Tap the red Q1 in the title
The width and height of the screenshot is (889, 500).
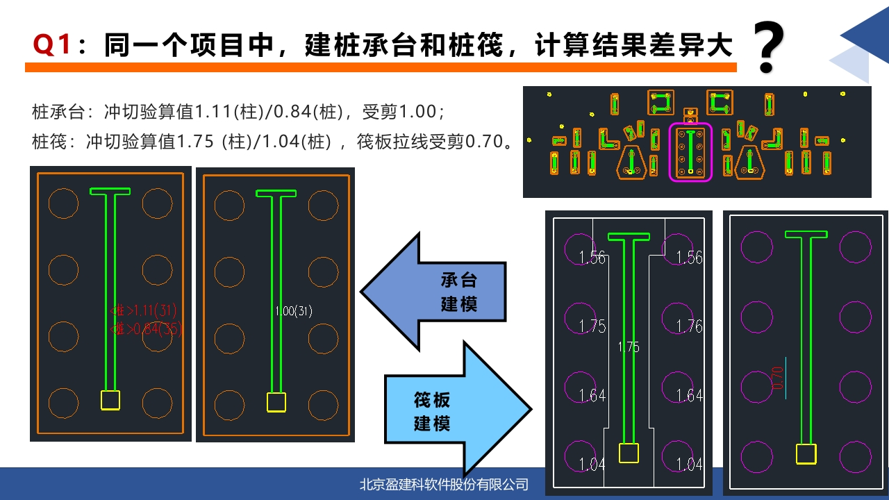[53, 46]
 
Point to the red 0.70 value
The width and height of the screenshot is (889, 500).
[777, 378]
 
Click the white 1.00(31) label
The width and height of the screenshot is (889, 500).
[294, 311]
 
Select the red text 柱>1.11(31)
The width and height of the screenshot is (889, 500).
[146, 310]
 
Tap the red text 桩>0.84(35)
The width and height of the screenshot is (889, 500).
[146, 329]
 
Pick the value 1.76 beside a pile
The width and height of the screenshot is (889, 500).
[689, 326]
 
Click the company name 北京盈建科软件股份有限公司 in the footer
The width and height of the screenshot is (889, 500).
[444, 484]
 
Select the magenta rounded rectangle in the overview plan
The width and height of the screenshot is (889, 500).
[690, 152]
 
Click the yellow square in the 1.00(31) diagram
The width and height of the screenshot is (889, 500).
[276, 402]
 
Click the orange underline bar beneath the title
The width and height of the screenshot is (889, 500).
[381, 67]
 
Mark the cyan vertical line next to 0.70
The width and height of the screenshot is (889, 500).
[786, 378]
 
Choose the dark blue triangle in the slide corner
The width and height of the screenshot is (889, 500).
[868, 31]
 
